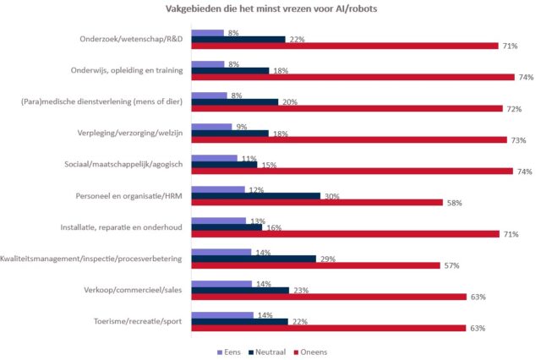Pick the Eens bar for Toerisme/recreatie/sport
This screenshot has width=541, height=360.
click(x=221, y=314)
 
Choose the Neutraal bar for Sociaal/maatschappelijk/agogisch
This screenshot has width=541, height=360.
click(x=223, y=165)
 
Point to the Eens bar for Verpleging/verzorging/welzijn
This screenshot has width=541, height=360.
click(x=211, y=127)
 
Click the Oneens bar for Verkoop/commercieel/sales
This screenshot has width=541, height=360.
click(x=329, y=297)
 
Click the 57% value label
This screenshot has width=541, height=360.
click(x=452, y=265)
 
